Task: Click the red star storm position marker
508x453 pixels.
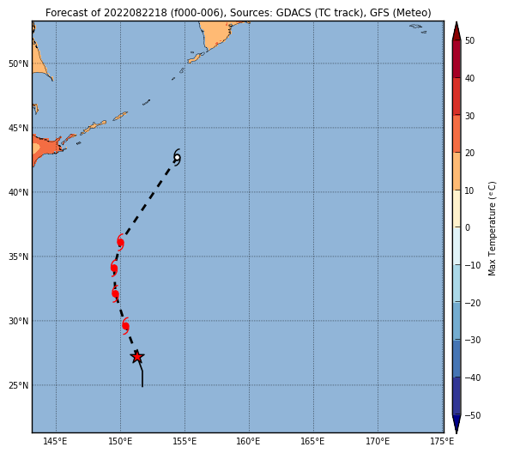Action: pyautogui.click(x=137, y=357)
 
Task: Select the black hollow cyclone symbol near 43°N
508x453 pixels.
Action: pyautogui.click(x=177, y=158)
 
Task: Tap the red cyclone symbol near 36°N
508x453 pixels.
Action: pyautogui.click(x=120, y=242)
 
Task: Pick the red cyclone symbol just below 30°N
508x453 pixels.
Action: pyautogui.click(x=125, y=326)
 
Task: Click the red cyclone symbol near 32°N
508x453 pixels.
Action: pyautogui.click(x=115, y=293)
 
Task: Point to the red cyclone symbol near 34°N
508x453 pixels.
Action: pyautogui.click(x=114, y=268)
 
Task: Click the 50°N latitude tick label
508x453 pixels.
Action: pyautogui.click(x=19, y=63)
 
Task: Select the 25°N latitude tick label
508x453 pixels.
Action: pyautogui.click(x=19, y=385)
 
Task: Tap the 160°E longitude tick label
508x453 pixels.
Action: pyautogui.click(x=248, y=441)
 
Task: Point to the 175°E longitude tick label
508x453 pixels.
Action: pyautogui.click(x=442, y=441)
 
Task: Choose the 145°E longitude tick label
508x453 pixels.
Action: pyautogui.click(x=56, y=441)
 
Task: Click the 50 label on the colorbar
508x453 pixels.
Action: pyautogui.click(x=469, y=40)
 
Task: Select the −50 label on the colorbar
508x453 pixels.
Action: pyautogui.click(x=473, y=415)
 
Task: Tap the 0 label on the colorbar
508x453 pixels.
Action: pyautogui.click(x=468, y=228)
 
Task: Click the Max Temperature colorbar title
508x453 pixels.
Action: pyautogui.click(x=492, y=228)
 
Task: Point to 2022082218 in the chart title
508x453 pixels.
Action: pyautogui.click(x=136, y=13)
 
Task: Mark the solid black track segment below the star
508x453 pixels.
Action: pyautogui.click(x=141, y=371)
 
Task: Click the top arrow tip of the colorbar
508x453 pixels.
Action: pyautogui.click(x=457, y=22)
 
